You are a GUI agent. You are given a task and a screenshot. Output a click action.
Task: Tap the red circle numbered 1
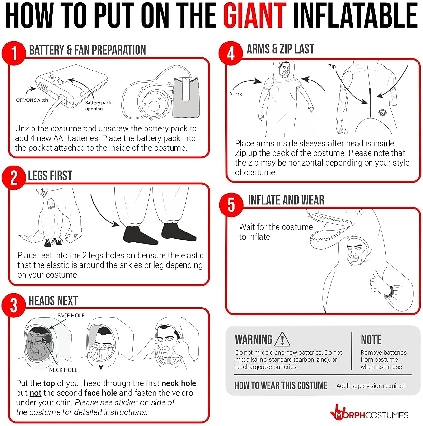pos(14,53)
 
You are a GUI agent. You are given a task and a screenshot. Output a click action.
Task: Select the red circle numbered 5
pos(231,204)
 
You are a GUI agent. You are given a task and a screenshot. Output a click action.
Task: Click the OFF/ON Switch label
pos(32,100)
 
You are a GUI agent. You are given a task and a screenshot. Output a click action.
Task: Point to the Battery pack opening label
pos(98,106)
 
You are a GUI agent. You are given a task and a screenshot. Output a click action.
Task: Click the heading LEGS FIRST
pos(50,176)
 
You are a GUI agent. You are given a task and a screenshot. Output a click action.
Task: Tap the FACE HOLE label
pos(71,316)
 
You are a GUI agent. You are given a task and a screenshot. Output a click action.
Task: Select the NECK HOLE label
pos(63,370)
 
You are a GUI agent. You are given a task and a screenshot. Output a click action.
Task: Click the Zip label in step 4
pos(332,67)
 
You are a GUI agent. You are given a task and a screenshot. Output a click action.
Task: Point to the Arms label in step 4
pos(235,94)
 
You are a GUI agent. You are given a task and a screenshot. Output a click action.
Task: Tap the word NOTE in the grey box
pos(371,340)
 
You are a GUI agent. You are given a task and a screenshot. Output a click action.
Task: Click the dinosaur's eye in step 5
pos(359,212)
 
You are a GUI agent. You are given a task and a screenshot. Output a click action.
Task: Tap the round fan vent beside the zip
pos(382,113)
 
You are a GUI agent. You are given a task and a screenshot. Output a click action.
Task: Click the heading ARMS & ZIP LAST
pos(280,49)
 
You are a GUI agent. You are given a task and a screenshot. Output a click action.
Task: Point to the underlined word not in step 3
pos(35,393)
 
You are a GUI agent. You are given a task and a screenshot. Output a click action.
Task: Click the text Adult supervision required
pos(371,386)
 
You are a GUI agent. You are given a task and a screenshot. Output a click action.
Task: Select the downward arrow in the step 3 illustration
pos(101,362)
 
